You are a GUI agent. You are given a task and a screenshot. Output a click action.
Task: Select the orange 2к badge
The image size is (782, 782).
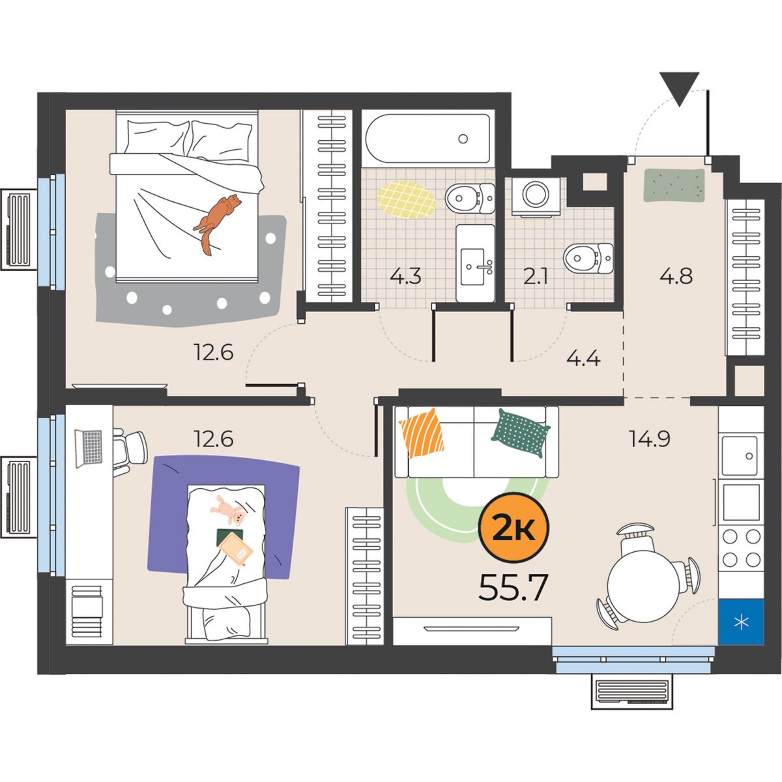pos(514,528)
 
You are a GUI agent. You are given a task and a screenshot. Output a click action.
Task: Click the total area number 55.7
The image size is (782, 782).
pos(513,588)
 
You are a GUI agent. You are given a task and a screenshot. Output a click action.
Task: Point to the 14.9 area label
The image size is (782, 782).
pos(649,439)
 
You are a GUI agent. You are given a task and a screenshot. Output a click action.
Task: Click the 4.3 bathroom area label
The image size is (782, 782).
pos(405,276)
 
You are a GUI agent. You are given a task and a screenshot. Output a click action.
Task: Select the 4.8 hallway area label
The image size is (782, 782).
pos(676,276)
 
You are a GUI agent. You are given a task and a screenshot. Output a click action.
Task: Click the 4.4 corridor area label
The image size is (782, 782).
pos(584,358)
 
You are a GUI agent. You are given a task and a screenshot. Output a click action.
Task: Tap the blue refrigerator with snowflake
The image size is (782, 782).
pos(741,622)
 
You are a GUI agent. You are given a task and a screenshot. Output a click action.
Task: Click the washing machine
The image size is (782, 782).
pos(536,196)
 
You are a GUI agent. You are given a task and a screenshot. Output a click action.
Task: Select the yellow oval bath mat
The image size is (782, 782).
pos(407,199)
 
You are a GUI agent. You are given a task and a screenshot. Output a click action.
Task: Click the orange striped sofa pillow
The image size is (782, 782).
pos(422,433)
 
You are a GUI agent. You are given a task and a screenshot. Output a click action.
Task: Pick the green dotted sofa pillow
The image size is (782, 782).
pos(521,433)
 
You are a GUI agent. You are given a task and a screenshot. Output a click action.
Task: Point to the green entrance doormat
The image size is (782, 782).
pos(674,185)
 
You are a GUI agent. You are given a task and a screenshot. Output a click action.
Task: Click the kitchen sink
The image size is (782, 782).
pos(739,456)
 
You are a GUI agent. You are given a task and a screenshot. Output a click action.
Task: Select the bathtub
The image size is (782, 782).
pos(427,138)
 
